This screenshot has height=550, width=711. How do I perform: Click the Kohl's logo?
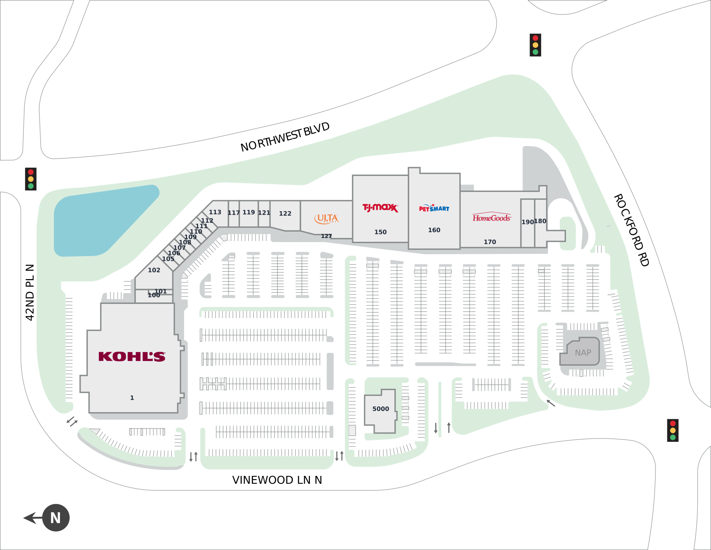pyautogui.click(x=132, y=357)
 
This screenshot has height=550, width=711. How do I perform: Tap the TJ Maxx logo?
pyautogui.click(x=380, y=208)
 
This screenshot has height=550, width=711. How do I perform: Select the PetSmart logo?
pyautogui.click(x=434, y=208)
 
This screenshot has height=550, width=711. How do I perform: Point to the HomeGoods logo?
pyautogui.click(x=491, y=218)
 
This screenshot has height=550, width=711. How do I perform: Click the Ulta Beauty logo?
pyautogui.click(x=326, y=218)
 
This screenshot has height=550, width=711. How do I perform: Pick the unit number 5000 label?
pyautogui.click(x=381, y=409)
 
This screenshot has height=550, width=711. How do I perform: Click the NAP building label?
pyautogui.click(x=583, y=353)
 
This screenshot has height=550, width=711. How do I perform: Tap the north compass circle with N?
pyautogui.click(x=56, y=518)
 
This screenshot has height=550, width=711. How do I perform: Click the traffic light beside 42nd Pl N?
pyautogui.click(x=31, y=179)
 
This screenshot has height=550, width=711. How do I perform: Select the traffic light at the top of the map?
pyautogui.click(x=535, y=45)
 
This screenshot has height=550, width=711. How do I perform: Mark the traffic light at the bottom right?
pyautogui.click(x=672, y=430)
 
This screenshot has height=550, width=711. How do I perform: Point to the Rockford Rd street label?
pyautogui.click(x=631, y=230)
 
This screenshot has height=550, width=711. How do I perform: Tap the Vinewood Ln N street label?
pyautogui.click(x=277, y=480)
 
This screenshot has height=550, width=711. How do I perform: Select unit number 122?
pyautogui.click(x=285, y=213)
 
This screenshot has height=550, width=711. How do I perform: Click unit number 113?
pyautogui.click(x=215, y=212)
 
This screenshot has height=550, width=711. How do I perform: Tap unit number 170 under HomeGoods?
pyautogui.click(x=490, y=242)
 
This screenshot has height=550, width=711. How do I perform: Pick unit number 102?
pyautogui.click(x=154, y=270)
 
